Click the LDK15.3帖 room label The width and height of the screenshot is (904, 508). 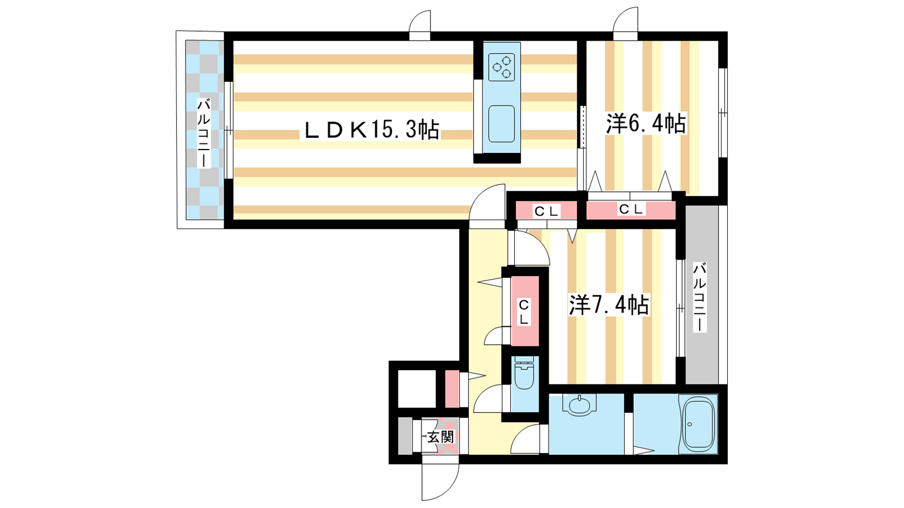coord(371,130)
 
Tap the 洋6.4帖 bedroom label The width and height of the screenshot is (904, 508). coord(646,124)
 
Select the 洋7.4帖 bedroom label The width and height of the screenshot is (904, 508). coord(609,305)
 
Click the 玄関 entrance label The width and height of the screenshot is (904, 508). coord(440,437)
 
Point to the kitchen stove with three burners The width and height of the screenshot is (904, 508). coord(502,67)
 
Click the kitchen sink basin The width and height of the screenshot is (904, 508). coord(502,124)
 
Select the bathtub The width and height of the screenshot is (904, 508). coord(698,424)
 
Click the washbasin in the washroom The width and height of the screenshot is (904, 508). coord(580,405)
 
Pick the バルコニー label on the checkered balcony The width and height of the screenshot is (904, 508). coord(204,133)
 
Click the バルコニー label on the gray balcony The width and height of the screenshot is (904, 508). coord(700,297)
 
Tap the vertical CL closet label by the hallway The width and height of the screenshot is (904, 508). coord(524,312)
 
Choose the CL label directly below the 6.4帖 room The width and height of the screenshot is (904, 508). coord(631,209)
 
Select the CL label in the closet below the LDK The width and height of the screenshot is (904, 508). coord(546,211)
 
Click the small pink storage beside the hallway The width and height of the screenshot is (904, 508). coord(452,389)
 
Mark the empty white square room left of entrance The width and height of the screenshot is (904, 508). coord(417,389)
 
